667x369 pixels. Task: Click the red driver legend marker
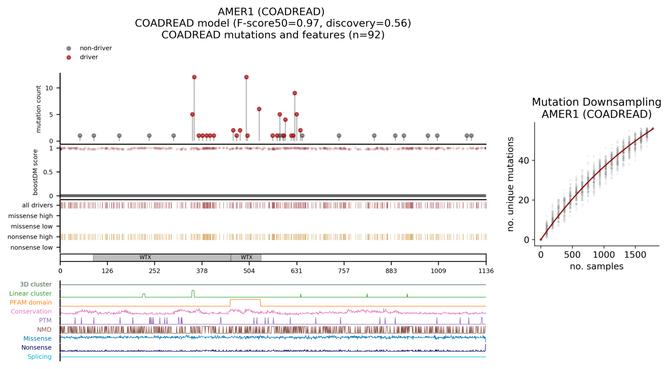coord(69,57)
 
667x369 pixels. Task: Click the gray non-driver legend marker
coord(69,49)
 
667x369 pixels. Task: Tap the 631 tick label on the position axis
coord(297,271)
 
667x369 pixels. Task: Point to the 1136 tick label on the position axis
coord(486,271)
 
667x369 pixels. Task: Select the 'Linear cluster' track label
coord(31,294)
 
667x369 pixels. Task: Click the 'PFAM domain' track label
coord(31,303)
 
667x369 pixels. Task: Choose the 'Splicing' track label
coord(40,357)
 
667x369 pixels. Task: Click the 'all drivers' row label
coord(37,205)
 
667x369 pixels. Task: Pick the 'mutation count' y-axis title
coord(39,109)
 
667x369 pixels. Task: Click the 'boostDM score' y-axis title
coord(35,172)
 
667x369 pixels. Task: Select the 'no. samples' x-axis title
coord(597,267)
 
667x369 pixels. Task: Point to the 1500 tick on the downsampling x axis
coord(635,255)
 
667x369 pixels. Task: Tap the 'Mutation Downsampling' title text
coord(597,102)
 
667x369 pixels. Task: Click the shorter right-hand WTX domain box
coord(246,258)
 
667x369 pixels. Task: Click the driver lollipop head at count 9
coord(295,93)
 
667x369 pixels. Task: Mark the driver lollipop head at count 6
coord(259,109)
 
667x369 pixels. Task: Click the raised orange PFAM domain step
coord(245,300)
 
